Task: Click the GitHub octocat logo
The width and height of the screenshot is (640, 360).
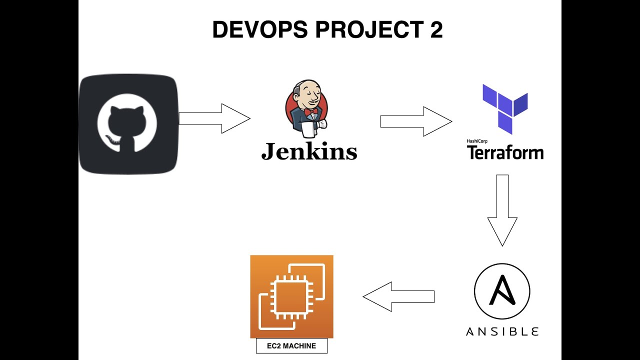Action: [x=127, y=124]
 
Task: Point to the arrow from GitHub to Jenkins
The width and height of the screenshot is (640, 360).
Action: [x=214, y=118]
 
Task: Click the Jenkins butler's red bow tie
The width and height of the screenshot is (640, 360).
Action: [x=311, y=112]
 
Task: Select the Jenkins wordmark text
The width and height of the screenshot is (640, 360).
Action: [x=309, y=151]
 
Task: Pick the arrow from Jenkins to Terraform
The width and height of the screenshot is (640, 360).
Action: [x=416, y=121]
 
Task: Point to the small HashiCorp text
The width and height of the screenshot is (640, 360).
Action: [x=477, y=141]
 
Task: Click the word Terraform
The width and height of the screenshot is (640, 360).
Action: [x=505, y=152]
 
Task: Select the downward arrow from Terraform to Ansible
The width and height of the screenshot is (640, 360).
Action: [x=502, y=210]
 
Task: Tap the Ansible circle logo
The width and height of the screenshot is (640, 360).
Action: [x=501, y=291]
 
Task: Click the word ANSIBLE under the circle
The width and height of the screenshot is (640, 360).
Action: [x=502, y=331]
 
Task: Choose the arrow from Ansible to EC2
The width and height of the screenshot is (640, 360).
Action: [x=398, y=296]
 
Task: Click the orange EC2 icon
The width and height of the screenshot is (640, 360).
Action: [x=291, y=296]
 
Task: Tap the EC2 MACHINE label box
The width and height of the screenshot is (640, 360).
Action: [x=291, y=346]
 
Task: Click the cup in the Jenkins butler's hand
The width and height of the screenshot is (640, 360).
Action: [x=309, y=129]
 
